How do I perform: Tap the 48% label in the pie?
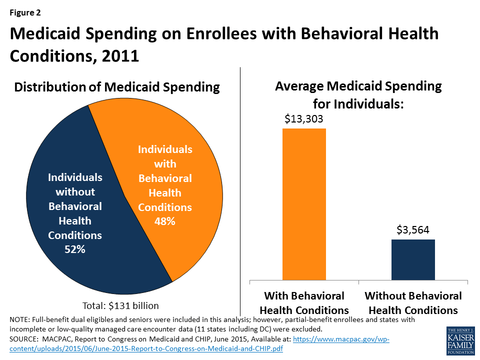(164, 220)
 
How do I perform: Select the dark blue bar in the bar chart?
(413, 259)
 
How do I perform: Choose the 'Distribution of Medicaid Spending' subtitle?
(117, 87)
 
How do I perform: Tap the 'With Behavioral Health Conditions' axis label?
(304, 302)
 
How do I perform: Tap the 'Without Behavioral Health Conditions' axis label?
(413, 302)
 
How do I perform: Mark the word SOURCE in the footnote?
(23, 339)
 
